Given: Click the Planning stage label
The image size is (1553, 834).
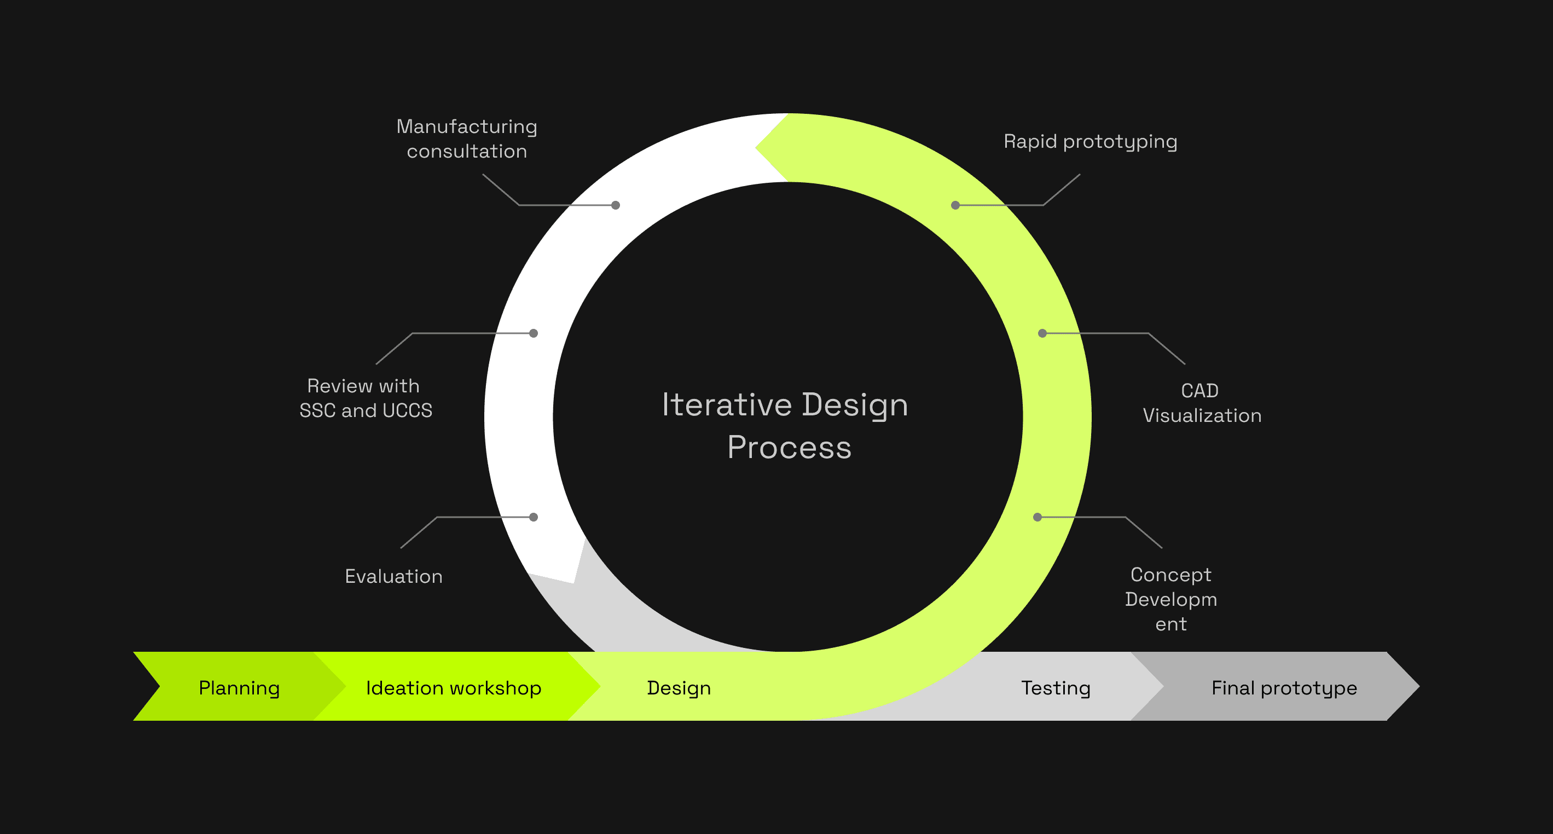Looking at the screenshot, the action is point(239,688).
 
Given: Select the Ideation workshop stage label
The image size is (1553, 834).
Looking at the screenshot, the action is point(453,688).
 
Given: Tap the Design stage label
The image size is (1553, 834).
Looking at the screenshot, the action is point(679,688).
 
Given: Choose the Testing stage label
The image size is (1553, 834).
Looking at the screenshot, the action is point(1056,688).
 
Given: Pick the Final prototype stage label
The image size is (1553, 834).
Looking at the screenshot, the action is point(1284,688).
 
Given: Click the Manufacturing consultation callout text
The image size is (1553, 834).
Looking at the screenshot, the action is point(467,138).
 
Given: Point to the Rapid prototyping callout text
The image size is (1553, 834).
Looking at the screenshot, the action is point(1090,142).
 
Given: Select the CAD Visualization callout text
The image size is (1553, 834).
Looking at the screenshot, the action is point(1202,403).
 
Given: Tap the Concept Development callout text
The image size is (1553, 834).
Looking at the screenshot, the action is point(1171,599).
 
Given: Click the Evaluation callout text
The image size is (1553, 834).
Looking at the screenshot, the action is point(393,576).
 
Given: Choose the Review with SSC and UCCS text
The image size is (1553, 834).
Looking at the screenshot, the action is point(366,398).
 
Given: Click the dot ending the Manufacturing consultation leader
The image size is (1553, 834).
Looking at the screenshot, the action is point(616,205).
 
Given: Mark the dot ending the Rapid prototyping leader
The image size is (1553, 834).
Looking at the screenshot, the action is point(955,205).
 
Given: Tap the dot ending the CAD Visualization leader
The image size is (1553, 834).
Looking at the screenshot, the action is point(1042,333).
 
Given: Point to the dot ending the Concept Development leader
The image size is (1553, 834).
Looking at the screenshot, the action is point(1038,517).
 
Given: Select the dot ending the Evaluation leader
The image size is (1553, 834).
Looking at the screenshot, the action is point(534,517).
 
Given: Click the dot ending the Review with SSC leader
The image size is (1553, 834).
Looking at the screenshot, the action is point(534,333).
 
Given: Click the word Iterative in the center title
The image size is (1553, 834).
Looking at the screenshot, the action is point(727,404).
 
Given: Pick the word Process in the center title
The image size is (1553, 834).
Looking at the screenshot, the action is point(789,448).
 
